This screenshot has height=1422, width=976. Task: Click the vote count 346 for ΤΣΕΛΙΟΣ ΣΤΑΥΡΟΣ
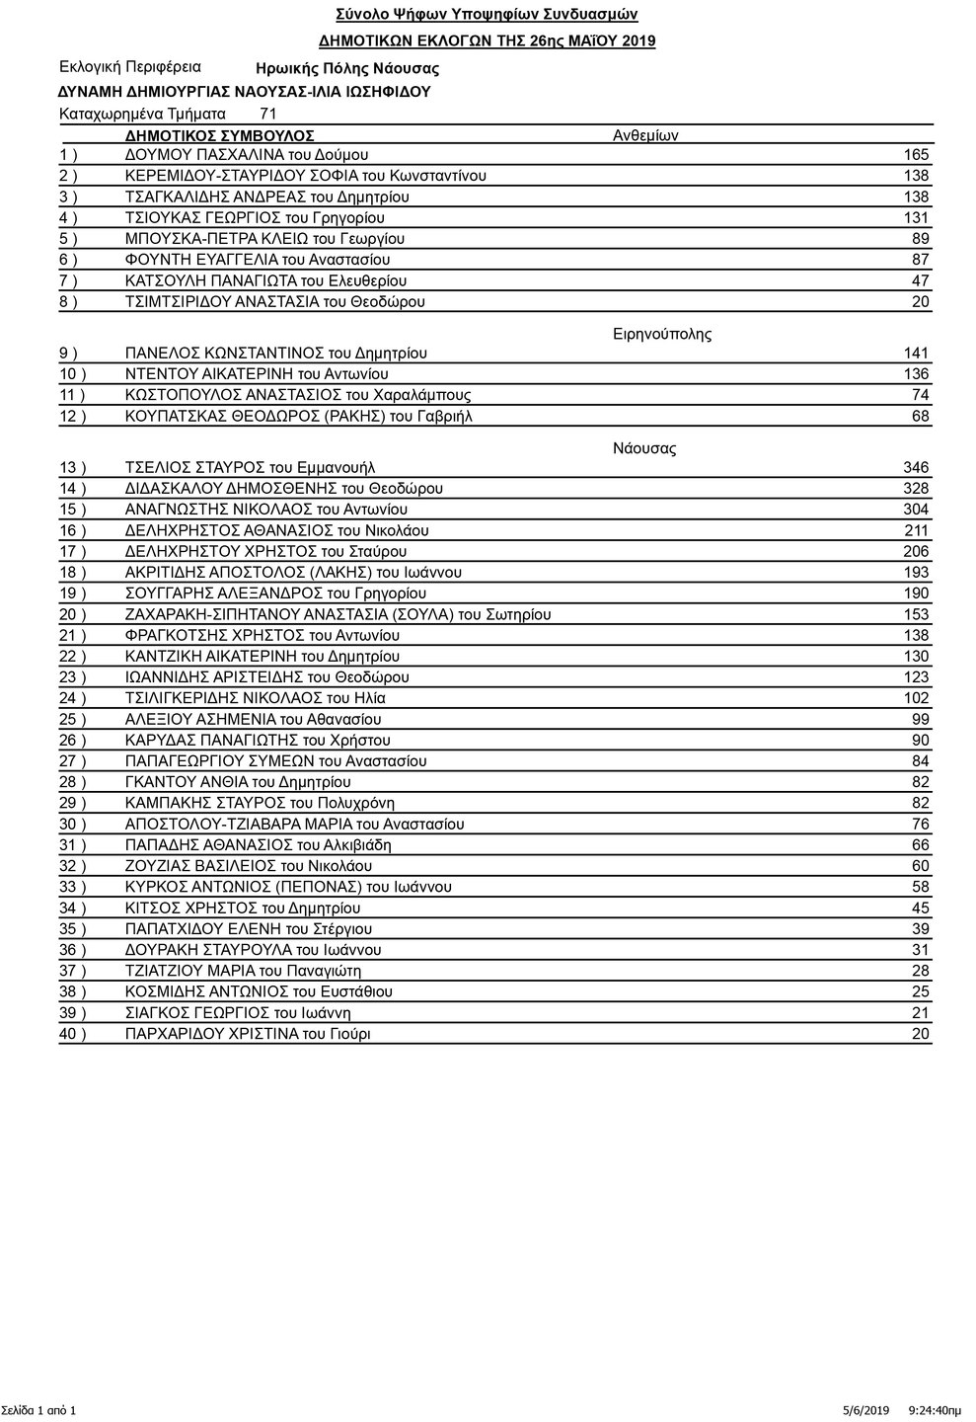click(916, 467)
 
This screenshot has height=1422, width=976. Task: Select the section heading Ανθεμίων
click(645, 136)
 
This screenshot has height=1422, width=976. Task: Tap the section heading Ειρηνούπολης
click(662, 334)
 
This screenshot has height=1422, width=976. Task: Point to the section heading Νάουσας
click(644, 448)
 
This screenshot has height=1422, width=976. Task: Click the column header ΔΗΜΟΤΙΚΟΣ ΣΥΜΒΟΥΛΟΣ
click(220, 135)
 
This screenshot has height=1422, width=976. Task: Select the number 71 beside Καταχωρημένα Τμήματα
click(267, 114)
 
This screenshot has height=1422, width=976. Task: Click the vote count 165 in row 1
click(916, 155)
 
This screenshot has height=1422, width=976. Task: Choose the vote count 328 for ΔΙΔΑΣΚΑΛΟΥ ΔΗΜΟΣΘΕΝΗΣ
click(916, 489)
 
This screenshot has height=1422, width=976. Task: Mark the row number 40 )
click(73, 1034)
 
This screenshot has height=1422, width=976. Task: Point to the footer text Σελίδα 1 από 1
click(38, 1409)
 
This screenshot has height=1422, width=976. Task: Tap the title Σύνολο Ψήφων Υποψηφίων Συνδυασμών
click(487, 15)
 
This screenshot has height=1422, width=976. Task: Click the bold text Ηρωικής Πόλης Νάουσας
click(347, 69)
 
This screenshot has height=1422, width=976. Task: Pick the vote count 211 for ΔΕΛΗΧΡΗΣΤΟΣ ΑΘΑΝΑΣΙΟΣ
click(916, 530)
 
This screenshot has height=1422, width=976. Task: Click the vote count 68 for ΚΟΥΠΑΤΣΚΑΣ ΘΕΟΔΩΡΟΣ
click(920, 416)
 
